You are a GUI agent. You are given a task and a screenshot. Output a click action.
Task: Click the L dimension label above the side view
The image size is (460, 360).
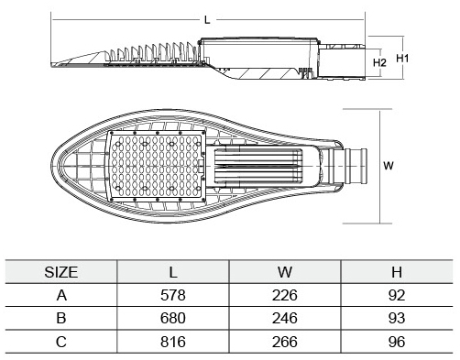[207, 20]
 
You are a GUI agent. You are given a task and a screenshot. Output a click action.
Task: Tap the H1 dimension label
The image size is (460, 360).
[402, 58]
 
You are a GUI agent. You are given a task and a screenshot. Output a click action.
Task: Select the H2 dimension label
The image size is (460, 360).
[379, 62]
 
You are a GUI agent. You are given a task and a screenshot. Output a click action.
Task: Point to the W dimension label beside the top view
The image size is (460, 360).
[389, 166]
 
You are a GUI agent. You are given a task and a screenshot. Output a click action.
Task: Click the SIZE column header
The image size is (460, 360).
[61, 272]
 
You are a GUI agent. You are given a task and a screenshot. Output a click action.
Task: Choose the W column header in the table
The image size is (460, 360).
[285, 272]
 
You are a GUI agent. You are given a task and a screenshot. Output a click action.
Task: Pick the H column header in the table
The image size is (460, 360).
[397, 272]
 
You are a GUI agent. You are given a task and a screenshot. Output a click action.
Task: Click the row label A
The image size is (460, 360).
[61, 295]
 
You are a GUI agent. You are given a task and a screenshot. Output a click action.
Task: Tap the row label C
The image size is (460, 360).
[61, 342]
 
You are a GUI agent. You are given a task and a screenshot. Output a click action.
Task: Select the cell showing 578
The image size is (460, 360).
[173, 295]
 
